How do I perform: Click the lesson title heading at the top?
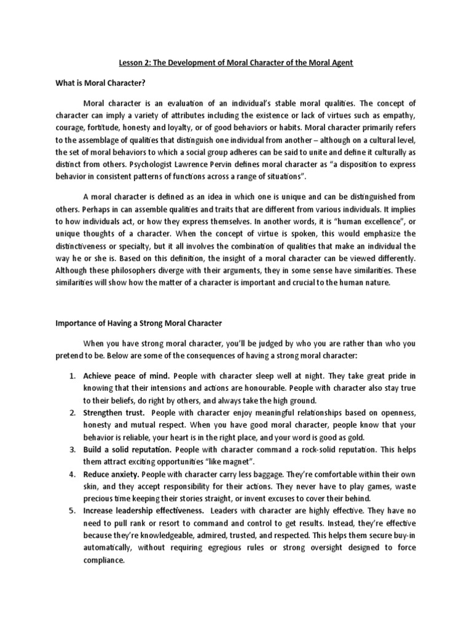235,63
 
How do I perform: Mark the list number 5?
71,510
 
